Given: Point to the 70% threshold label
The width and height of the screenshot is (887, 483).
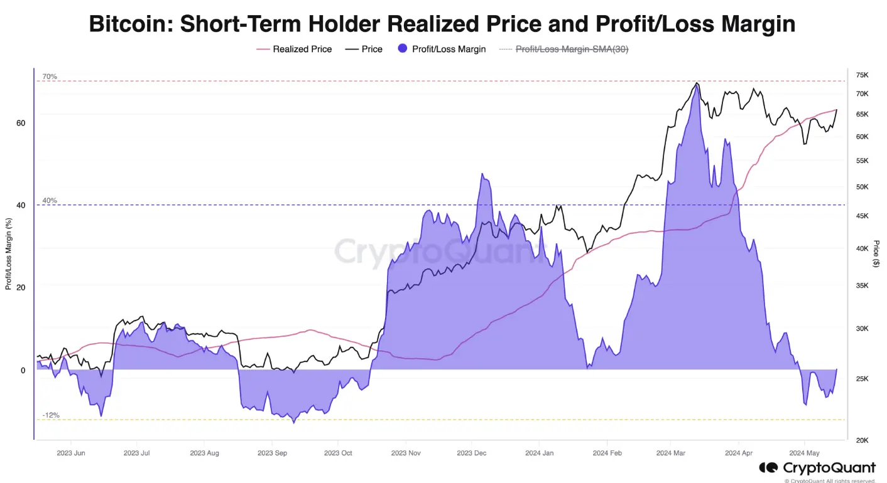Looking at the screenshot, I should tap(50, 77).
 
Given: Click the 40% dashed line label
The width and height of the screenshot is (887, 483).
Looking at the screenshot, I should tap(50, 201).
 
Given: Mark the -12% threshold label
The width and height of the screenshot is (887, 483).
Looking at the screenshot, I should tap(51, 415).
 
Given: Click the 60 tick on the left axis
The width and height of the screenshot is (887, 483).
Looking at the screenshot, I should tap(21, 123).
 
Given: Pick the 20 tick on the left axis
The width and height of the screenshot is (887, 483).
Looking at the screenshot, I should tap(21, 287).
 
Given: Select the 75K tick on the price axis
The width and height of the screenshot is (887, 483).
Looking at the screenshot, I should tap(862, 75).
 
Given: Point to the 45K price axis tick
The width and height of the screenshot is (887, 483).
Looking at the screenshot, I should tap(862, 216).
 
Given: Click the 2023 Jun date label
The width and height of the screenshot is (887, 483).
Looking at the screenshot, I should tap(71, 452).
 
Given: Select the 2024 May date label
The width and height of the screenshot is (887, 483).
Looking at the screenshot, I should tap(805, 452).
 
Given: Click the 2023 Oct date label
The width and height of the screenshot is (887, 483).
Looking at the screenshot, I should tap(339, 452).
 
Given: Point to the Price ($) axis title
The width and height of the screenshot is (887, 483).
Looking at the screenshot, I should tap(876, 253).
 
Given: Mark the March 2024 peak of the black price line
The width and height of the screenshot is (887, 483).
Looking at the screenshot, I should tap(696, 83).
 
